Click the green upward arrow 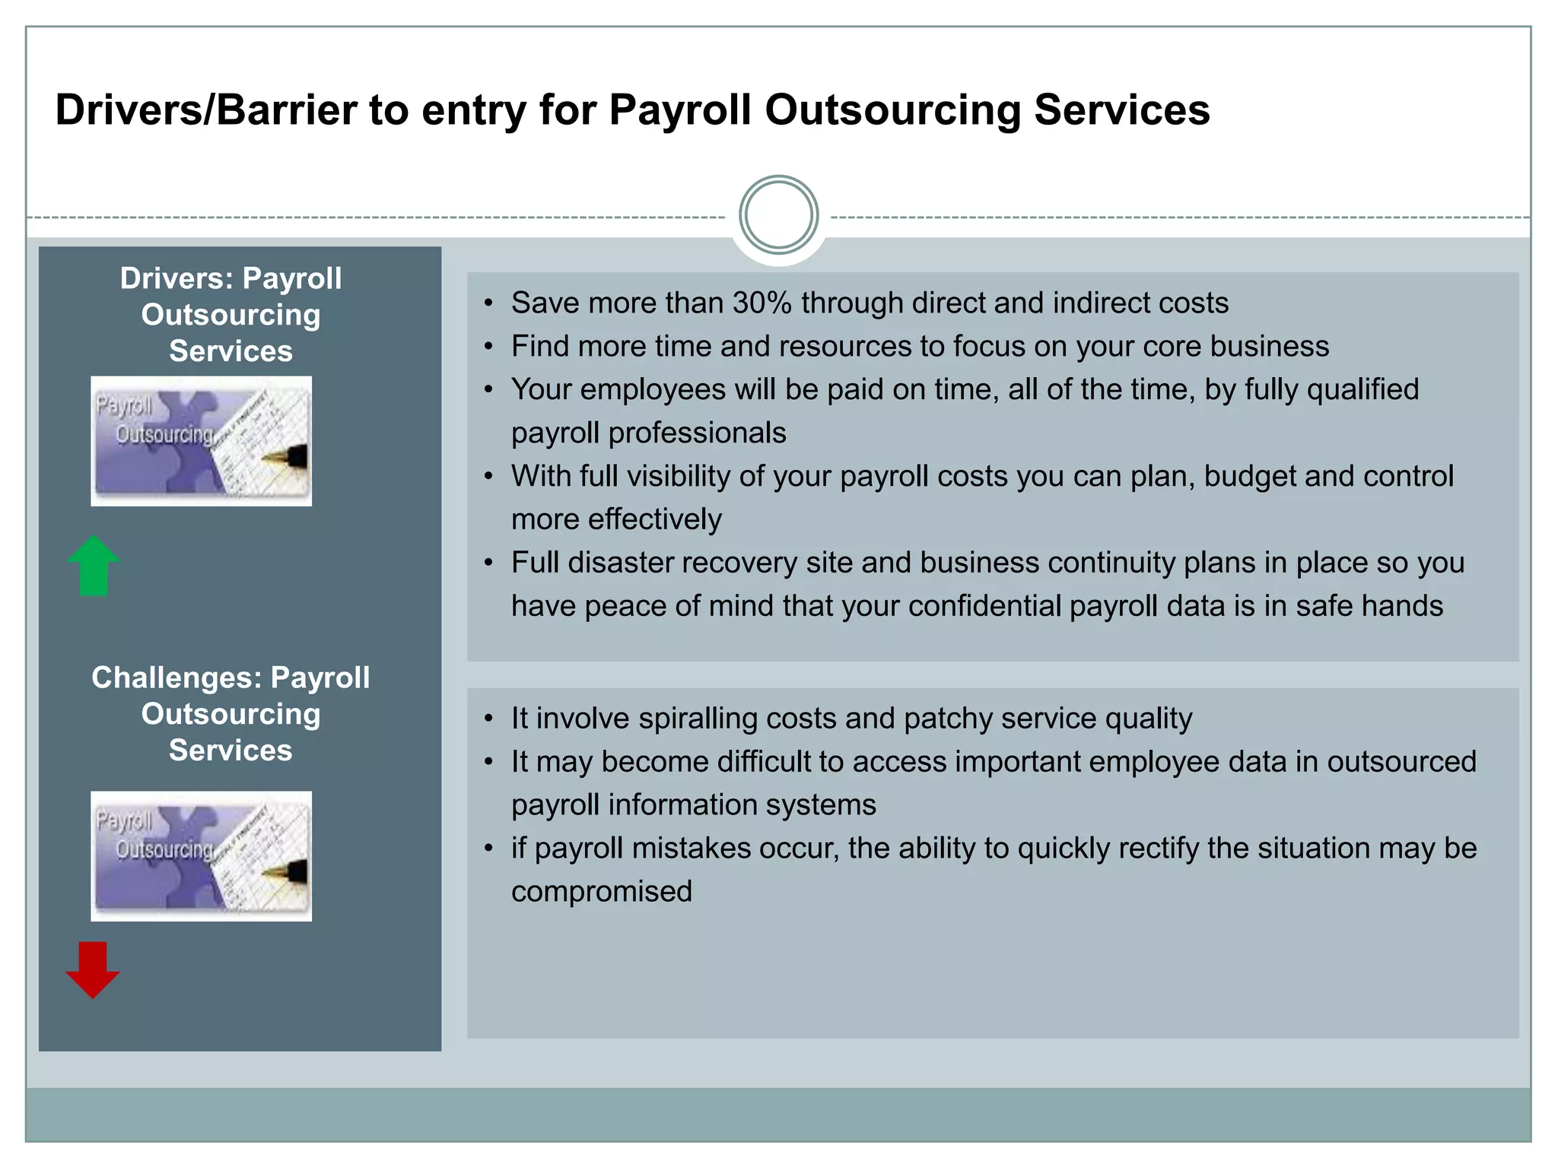click(x=94, y=566)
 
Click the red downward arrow click(x=93, y=970)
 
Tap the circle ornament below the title click(x=778, y=215)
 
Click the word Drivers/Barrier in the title click(x=205, y=109)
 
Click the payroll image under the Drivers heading click(x=201, y=441)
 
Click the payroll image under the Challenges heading click(x=201, y=856)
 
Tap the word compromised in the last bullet click(x=601, y=891)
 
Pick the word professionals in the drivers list click(x=697, y=433)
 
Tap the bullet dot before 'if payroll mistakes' click(x=489, y=849)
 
